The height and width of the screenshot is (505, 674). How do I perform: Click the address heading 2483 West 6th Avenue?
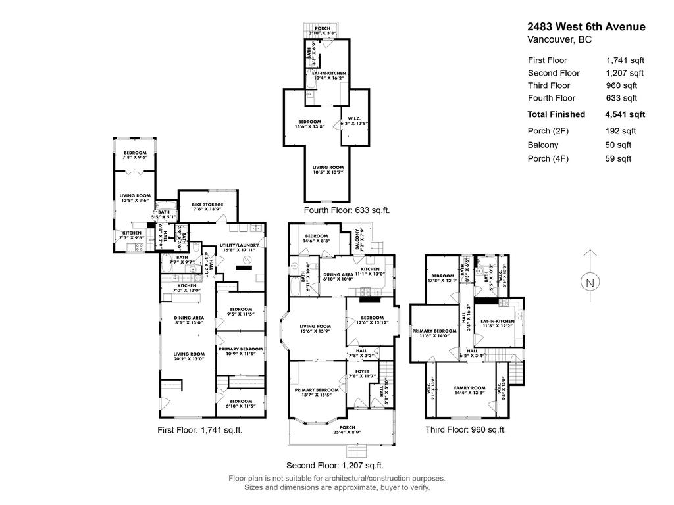click(586, 27)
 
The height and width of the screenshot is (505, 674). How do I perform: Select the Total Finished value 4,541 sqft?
click(625, 114)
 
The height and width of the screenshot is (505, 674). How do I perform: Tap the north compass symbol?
click(590, 282)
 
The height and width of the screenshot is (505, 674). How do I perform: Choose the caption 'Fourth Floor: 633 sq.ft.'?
click(347, 211)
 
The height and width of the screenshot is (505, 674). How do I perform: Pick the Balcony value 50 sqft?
click(618, 145)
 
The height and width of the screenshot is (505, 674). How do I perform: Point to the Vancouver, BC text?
click(559, 40)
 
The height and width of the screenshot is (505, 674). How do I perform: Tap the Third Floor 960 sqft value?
click(621, 85)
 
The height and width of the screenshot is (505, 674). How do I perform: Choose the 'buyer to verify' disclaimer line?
click(336, 487)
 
